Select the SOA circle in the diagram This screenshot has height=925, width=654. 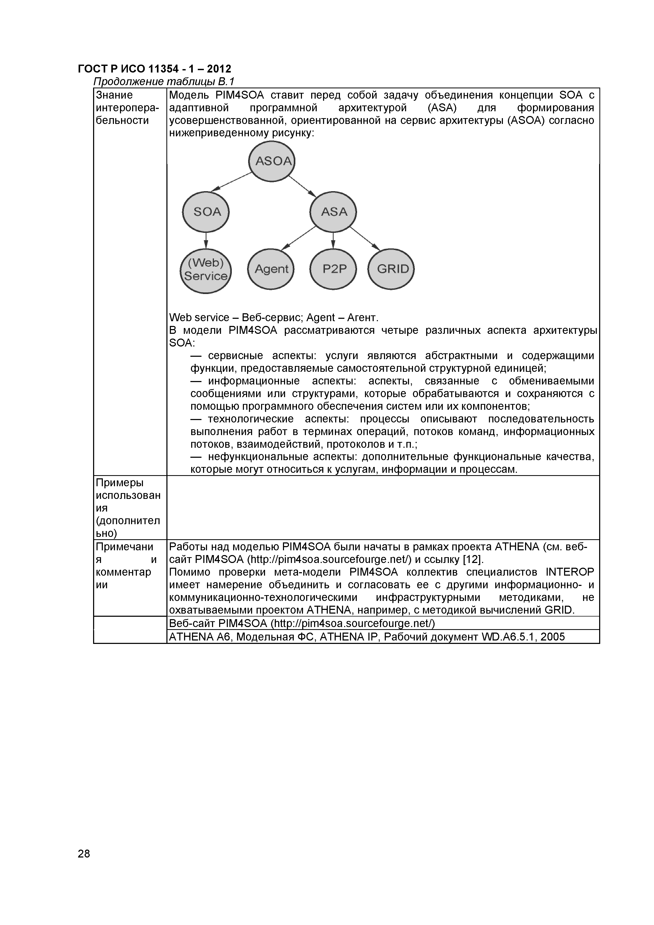click(206, 212)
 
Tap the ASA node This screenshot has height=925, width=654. click(333, 212)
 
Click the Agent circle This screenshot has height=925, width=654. click(271, 269)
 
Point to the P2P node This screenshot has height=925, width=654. click(333, 269)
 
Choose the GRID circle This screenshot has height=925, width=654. click(391, 269)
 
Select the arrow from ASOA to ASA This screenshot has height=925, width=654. click(302, 186)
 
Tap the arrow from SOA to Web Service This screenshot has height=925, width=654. click(206, 240)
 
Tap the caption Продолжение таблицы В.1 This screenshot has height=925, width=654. click(163, 82)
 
